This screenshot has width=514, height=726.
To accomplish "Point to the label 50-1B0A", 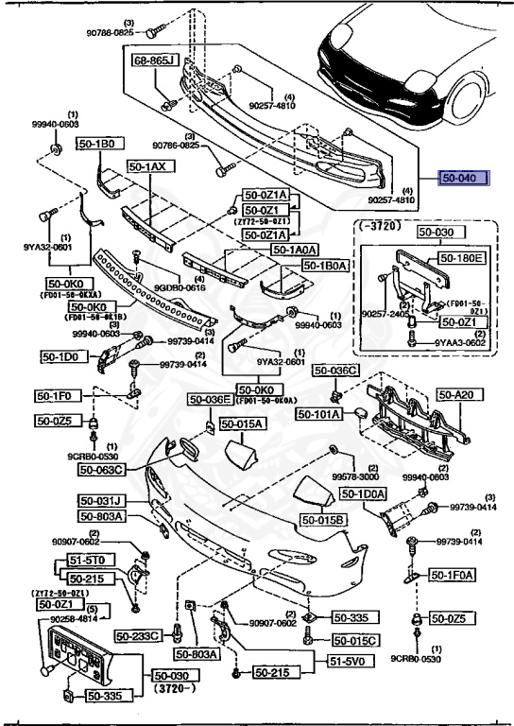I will click(x=326, y=266).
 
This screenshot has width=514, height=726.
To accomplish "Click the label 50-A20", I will click(x=453, y=396).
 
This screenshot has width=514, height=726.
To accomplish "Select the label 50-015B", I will click(x=324, y=520).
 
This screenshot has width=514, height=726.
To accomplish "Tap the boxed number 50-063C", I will click(x=102, y=469).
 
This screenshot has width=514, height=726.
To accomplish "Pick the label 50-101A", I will click(x=321, y=414).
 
